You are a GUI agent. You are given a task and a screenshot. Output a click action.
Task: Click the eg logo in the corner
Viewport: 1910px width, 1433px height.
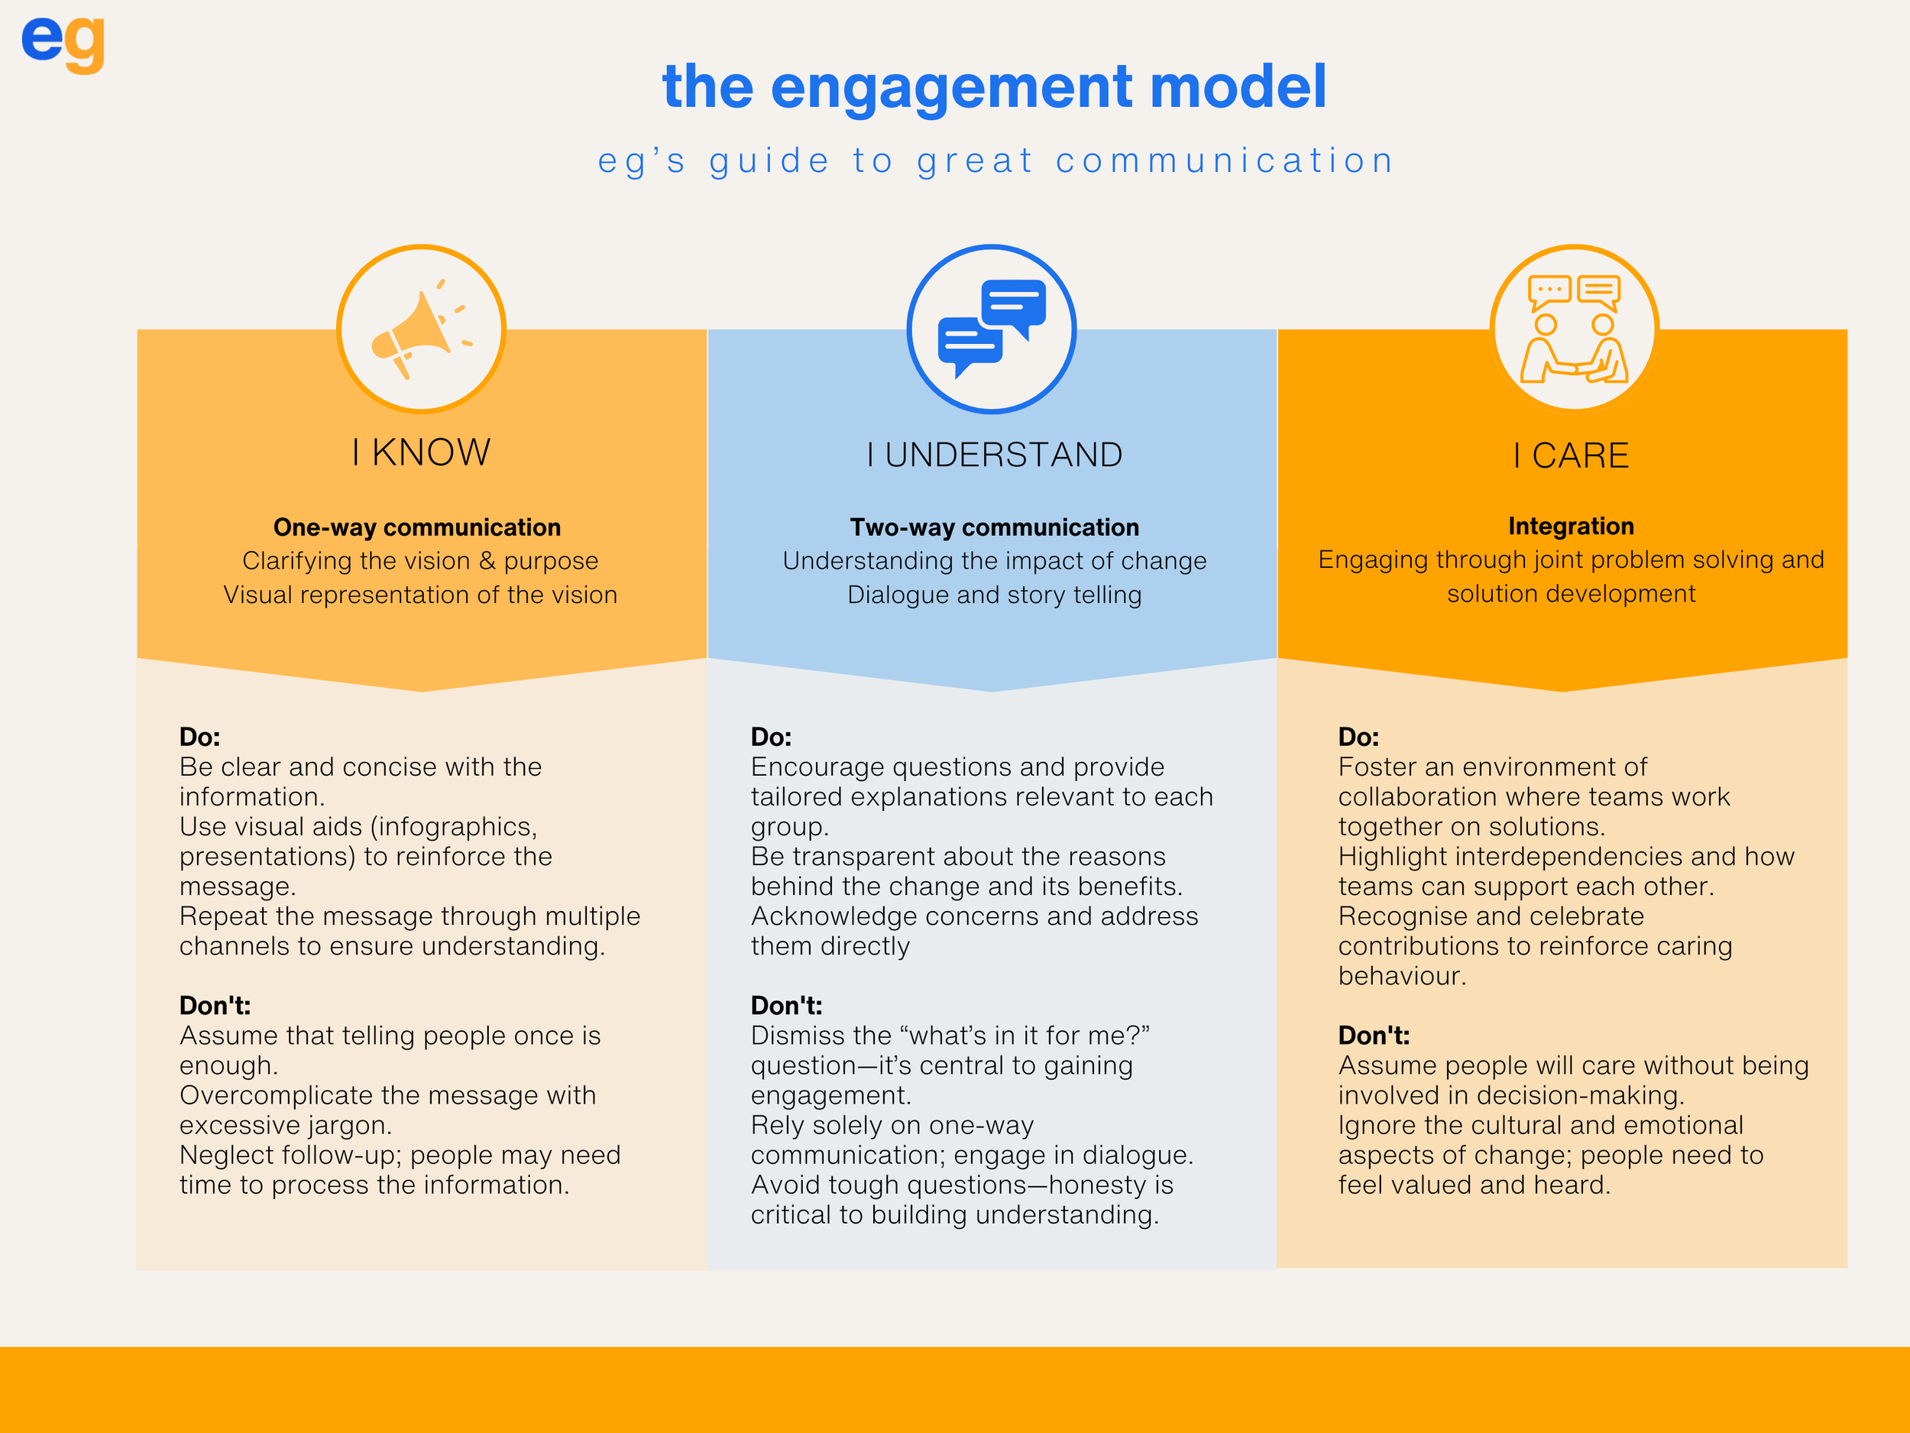[63, 44]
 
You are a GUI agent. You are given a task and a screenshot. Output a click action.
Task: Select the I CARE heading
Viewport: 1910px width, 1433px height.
[1571, 456]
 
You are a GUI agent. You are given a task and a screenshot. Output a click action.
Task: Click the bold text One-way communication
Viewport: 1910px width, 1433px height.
[417, 527]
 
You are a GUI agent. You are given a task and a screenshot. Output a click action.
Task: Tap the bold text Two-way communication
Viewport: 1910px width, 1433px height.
[994, 527]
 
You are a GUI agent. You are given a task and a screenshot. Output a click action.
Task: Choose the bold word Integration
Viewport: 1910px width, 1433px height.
[1571, 526]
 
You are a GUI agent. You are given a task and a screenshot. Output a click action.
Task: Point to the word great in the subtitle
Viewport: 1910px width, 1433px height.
[975, 161]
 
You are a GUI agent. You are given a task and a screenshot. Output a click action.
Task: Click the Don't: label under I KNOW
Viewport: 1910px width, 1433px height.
[215, 1006]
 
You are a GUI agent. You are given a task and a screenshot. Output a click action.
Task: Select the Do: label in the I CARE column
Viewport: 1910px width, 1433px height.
[1358, 737]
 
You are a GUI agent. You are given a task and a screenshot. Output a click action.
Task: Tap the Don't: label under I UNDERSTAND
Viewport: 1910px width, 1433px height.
[785, 1006]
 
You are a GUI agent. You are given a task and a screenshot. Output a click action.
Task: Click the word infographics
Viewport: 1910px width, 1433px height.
[453, 827]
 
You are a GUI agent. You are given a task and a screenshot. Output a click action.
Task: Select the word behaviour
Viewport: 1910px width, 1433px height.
[1400, 976]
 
